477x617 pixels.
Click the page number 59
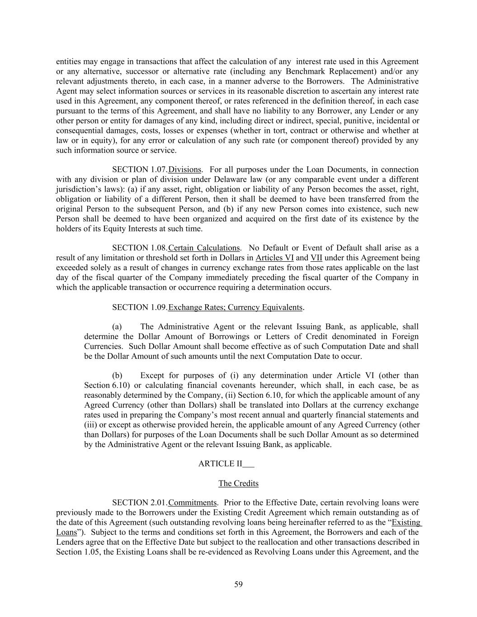click(x=238, y=584)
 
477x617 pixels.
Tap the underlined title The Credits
click(x=238, y=483)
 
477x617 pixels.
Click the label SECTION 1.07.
click(x=140, y=170)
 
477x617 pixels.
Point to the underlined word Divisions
click(x=184, y=170)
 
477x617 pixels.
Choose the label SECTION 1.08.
click(x=140, y=248)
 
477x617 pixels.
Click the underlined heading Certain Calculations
click(x=204, y=248)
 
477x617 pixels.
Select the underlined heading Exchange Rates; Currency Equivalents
click(x=235, y=307)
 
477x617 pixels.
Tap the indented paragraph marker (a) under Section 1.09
click(x=117, y=326)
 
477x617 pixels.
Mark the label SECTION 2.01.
click(x=140, y=503)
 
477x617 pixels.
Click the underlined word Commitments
click(x=193, y=503)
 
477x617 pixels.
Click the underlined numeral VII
click(x=316, y=258)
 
